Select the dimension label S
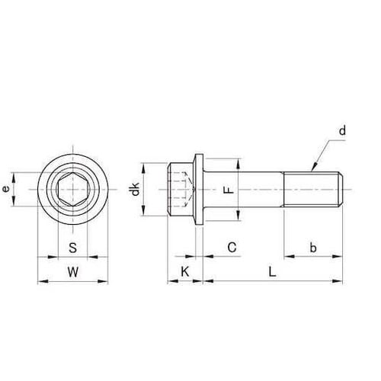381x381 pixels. pyautogui.click(x=72, y=247)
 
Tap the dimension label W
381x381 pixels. pyautogui.click(x=72, y=271)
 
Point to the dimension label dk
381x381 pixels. pyautogui.click(x=136, y=190)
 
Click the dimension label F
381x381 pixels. pyautogui.click(x=226, y=190)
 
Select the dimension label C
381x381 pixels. pyautogui.click(x=232, y=247)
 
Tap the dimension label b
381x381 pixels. pyautogui.click(x=312, y=247)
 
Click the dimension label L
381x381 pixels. pyautogui.click(x=273, y=271)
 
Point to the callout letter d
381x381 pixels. pyautogui.click(x=342, y=132)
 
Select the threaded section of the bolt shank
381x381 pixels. pyautogui.click(x=312, y=190)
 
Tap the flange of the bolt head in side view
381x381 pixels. pyautogui.click(x=198, y=190)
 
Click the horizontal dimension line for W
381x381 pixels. pyautogui.click(x=72, y=282)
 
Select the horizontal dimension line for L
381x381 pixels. pyautogui.click(x=273, y=282)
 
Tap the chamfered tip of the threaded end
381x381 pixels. pyautogui.click(x=344, y=190)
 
